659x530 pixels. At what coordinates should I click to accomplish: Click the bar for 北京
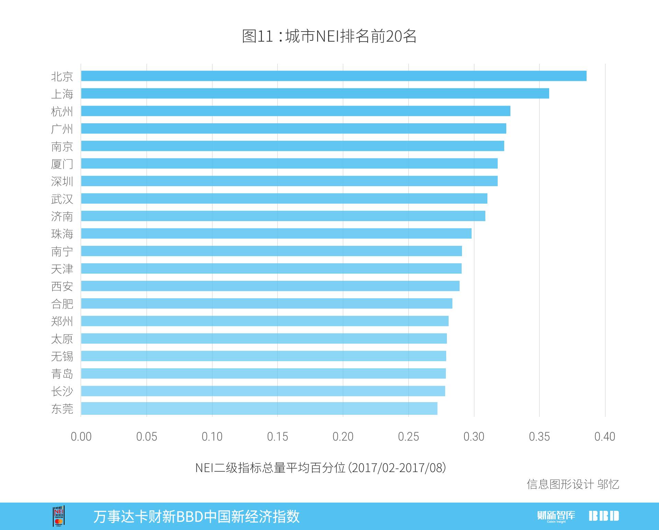334,76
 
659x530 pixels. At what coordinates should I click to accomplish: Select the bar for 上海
315,93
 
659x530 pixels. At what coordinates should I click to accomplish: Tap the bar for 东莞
259,408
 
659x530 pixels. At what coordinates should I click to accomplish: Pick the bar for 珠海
276,233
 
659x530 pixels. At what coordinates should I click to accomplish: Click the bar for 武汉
284,198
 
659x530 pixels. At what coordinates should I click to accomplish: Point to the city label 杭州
62,111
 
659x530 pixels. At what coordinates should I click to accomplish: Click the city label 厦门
62,164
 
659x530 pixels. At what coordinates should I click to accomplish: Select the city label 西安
62,286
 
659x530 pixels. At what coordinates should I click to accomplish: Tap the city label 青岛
62,374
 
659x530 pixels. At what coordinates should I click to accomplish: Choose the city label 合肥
62,304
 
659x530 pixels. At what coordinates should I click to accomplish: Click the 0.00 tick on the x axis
81,436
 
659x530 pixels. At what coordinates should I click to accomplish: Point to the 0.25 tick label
408,436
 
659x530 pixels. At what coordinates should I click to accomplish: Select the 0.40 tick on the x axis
605,436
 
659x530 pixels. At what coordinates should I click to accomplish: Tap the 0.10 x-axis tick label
212,436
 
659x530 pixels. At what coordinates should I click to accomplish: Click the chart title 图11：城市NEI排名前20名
329,36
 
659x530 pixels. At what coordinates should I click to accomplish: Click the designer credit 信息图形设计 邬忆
573,484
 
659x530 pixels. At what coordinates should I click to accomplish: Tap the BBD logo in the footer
604,516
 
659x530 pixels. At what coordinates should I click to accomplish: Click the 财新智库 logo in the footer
556,516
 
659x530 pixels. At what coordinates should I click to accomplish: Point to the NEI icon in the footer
59,516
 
